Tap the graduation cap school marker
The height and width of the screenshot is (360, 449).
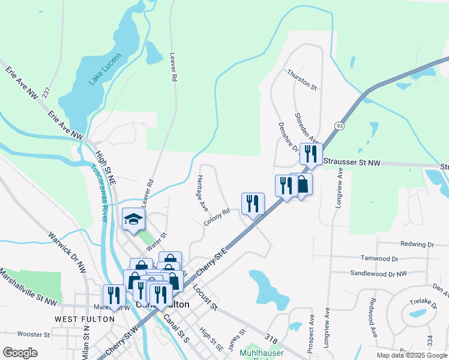coord(133,220)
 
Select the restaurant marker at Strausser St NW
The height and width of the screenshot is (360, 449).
coord(311,154)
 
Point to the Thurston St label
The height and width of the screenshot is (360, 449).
coord(301,79)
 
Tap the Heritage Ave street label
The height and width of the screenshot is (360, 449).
coord(202,193)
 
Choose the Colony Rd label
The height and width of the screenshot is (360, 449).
coord(217,217)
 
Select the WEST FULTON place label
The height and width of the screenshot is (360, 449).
coord(84,319)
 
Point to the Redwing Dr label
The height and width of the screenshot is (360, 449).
coord(417,244)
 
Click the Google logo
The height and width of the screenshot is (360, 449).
coord(20,353)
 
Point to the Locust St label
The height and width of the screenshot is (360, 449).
coord(205,297)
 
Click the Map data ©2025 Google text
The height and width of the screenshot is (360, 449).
coord(412,355)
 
